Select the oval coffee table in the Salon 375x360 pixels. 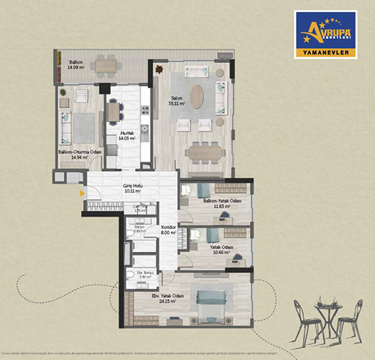(x=196, y=97)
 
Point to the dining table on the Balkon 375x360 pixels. (x=106, y=66)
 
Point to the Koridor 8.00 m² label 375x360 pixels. (x=168, y=229)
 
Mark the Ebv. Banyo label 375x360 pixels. (x=145, y=274)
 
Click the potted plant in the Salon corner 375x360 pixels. (x=159, y=69)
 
